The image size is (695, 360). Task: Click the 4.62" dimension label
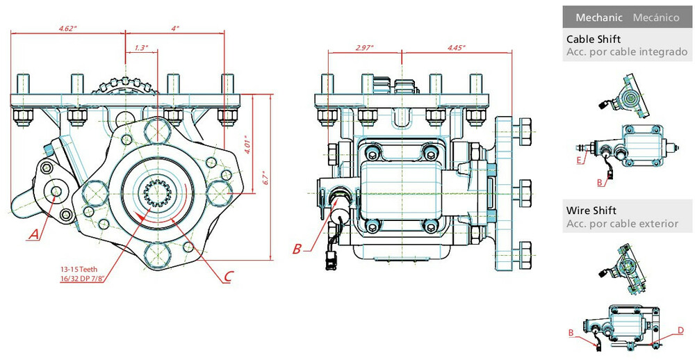[x=67, y=28]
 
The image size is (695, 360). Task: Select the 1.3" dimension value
[x=140, y=48]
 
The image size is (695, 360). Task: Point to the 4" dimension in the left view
[x=174, y=28]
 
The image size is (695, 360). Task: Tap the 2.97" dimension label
[x=364, y=48]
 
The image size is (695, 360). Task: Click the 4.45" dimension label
[x=456, y=48]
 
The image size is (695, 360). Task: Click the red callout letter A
[x=33, y=235]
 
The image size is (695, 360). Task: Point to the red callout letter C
[x=228, y=276]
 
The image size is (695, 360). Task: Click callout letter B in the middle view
[x=297, y=248]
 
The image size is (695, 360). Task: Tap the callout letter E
[x=580, y=160]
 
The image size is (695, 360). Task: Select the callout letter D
[x=681, y=329]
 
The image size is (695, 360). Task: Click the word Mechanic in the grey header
[x=598, y=17]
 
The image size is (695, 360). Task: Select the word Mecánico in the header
[x=655, y=17]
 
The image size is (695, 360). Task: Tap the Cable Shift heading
[x=593, y=39]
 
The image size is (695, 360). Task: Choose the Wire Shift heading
[x=591, y=210]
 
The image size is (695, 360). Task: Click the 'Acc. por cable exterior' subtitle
[x=622, y=223]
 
